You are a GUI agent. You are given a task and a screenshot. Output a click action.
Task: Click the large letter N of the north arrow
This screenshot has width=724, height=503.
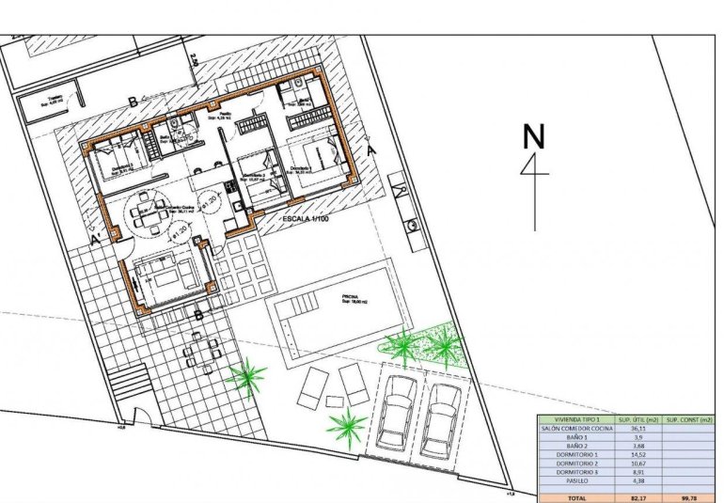(534, 136)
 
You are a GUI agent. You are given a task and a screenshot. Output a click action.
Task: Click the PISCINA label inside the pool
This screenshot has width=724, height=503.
(350, 296)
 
